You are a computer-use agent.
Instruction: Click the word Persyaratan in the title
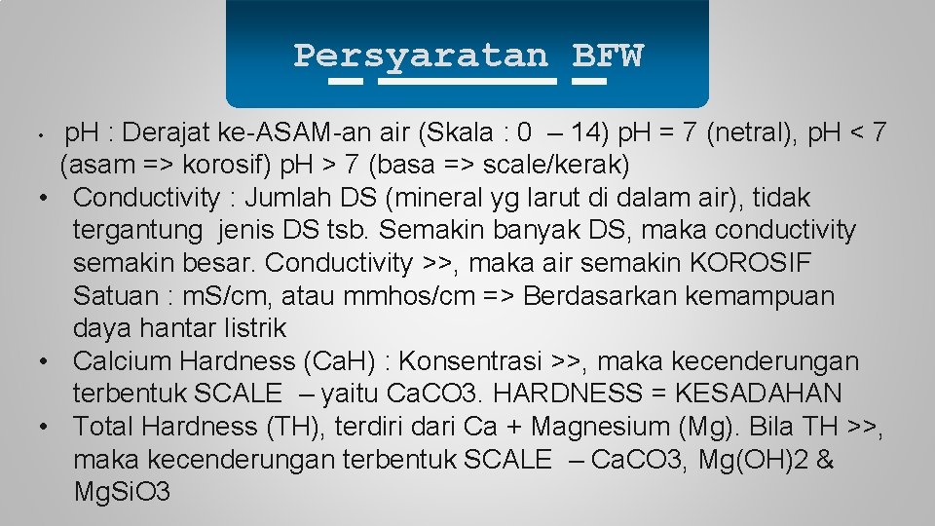(421, 56)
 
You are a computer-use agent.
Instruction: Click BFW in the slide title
(608, 56)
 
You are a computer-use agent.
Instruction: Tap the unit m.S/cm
(243, 296)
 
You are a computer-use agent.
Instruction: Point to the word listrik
(248, 329)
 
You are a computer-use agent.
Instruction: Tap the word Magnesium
(596, 427)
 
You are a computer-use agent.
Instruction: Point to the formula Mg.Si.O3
(122, 493)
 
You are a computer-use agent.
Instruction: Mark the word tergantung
(138, 231)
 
